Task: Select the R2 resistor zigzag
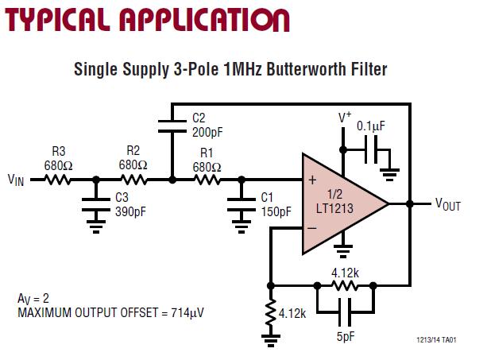tap(133, 180)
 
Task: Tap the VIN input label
tap(16, 180)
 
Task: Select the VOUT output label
tap(447, 204)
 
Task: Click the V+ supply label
tap(345, 118)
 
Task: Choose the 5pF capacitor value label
tap(345, 337)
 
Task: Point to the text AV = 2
tap(33, 298)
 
